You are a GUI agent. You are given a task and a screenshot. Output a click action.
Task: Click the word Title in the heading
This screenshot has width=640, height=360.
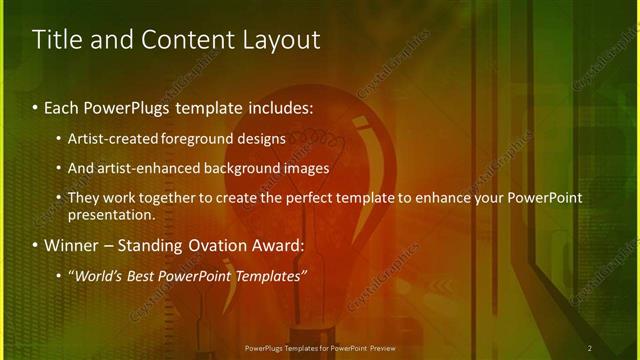(58, 40)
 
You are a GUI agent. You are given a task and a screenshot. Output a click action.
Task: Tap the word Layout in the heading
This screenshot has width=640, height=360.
(280, 40)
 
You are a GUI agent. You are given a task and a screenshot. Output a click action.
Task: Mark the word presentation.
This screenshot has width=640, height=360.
(111, 214)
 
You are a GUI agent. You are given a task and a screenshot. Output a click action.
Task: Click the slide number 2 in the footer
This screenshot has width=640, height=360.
(589, 348)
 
